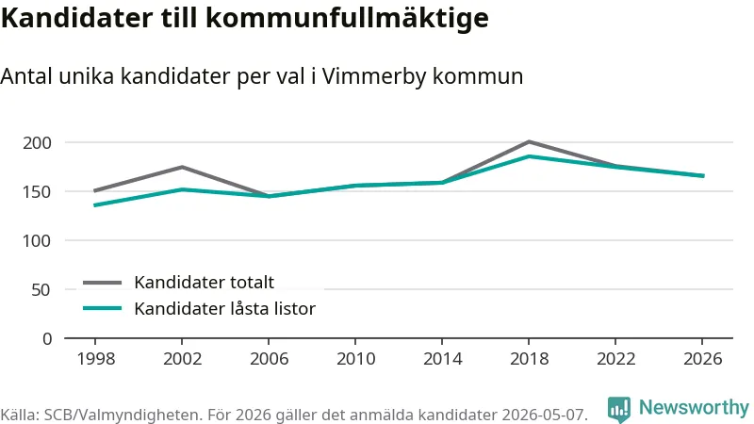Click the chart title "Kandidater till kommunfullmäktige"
244,19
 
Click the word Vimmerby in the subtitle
371,77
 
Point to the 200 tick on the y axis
37,143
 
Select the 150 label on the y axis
37,192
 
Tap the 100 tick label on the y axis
37,240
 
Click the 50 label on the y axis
41,289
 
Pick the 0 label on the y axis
46,338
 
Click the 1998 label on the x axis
96,359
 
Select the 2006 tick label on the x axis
269,359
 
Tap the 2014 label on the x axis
442,359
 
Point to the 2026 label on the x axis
702,359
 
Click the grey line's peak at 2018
529,142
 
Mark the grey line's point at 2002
182,167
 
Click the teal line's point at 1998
95,205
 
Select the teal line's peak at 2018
529,155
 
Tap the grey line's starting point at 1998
95,191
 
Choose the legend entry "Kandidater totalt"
178,282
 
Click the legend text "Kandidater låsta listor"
199,308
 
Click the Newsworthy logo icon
619,410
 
